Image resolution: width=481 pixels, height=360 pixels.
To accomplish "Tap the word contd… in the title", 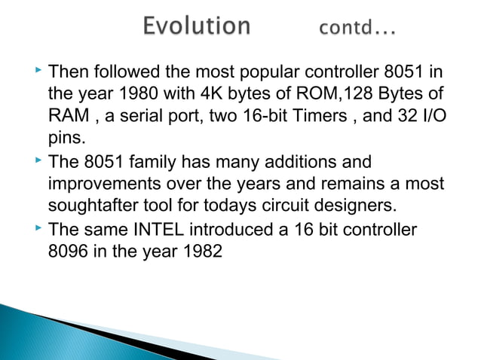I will click(x=359, y=30).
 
